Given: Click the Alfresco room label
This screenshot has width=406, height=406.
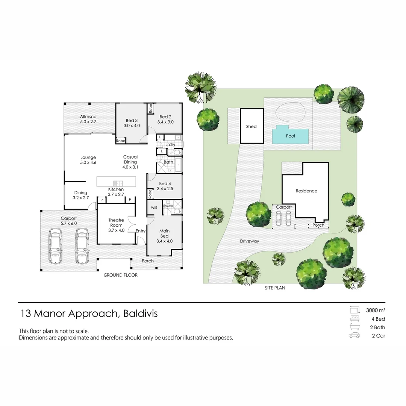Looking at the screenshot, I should pyautogui.click(x=88, y=117).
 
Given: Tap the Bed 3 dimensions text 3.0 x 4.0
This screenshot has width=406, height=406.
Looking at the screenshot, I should pyautogui.click(x=132, y=126).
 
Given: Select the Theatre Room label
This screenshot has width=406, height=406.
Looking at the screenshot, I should pyautogui.click(x=116, y=223).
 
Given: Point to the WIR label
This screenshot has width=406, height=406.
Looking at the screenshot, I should pyautogui.click(x=154, y=208).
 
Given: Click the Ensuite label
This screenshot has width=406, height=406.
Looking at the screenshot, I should pyautogui.click(x=168, y=206).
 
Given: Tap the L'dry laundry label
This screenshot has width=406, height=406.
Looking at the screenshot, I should pyautogui.click(x=170, y=145).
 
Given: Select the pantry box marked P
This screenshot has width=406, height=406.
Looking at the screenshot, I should pyautogui.click(x=101, y=200).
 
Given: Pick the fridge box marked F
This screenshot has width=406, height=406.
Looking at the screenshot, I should pyautogui.click(x=130, y=200).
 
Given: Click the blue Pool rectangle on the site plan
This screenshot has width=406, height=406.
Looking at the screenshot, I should pyautogui.click(x=290, y=136).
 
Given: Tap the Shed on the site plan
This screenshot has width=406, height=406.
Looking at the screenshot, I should pyautogui.click(x=251, y=126).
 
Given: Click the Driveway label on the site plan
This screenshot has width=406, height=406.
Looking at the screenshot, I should pyautogui.click(x=249, y=241).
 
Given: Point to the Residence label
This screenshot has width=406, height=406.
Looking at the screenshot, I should pyautogui.click(x=306, y=191).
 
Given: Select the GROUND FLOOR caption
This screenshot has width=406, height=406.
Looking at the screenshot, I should pyautogui.click(x=120, y=275).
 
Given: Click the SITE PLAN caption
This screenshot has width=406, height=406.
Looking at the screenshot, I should pyautogui.click(x=274, y=288).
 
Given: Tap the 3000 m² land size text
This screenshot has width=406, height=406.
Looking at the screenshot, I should pyautogui.click(x=376, y=311).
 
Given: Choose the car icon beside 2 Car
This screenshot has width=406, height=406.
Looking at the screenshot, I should pyautogui.click(x=354, y=336).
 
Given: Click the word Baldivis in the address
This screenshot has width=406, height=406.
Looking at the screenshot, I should pyautogui.click(x=140, y=314).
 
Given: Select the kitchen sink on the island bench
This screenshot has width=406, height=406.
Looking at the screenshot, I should pyautogui.click(x=118, y=183).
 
